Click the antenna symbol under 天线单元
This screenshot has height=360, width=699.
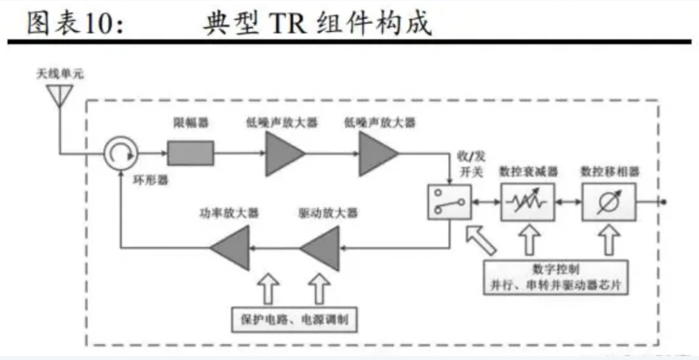pos(59,95)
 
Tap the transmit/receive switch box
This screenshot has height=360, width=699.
pos(448,201)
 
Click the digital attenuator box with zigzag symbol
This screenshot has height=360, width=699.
pos(527,201)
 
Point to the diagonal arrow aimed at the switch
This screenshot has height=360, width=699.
pos(481,238)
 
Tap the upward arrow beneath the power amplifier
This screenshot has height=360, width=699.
pos(265,288)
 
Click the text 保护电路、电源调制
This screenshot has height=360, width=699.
pos(294,319)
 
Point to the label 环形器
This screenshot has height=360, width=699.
pos(151,180)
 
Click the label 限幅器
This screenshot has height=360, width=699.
pos(191,123)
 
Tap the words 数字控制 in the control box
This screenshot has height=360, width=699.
pos(552,269)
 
